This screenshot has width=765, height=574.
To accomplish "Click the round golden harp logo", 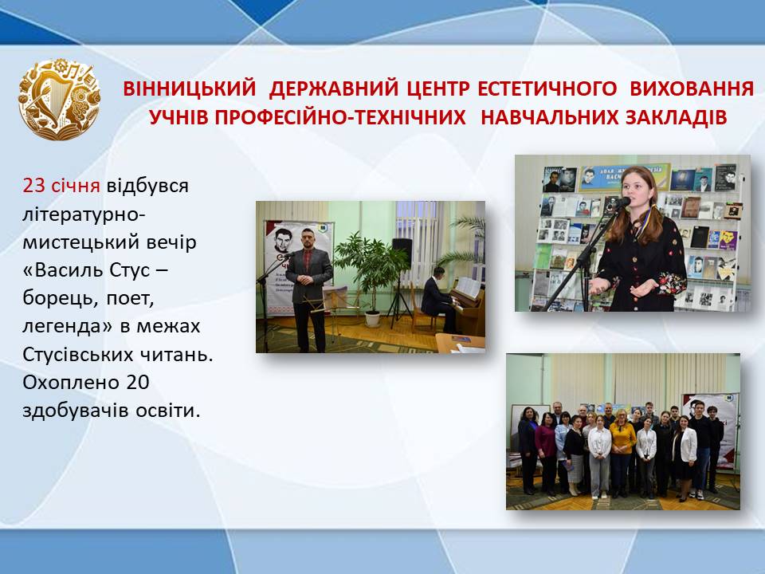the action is [59, 99].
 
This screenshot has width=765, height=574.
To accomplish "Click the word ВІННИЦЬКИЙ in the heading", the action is [190, 88].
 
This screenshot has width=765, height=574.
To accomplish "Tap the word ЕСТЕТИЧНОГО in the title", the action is [547, 88].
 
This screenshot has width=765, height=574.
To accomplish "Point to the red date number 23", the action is [33, 186].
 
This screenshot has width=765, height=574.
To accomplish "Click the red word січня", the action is [76, 186].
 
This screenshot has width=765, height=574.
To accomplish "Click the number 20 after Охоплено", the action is [138, 382].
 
